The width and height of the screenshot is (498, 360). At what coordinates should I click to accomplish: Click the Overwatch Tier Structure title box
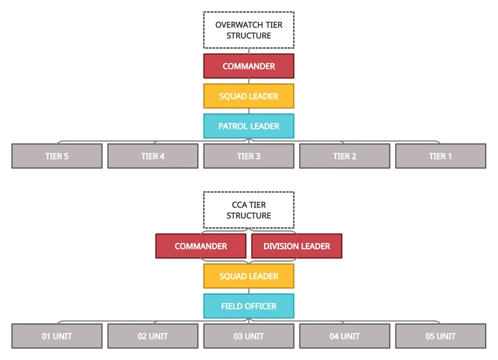coord(248,31)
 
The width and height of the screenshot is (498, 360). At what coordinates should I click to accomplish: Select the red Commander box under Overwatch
coord(248,67)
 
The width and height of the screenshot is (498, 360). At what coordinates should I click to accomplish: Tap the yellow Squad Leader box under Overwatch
coord(248,97)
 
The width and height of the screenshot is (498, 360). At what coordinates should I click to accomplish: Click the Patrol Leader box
coord(248,126)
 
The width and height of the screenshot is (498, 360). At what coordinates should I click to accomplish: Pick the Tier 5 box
coord(57,156)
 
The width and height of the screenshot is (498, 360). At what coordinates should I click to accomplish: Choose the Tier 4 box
coord(153,156)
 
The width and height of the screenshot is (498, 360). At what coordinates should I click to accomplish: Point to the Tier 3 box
coord(248,156)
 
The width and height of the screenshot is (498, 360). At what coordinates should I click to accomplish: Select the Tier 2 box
coord(344,156)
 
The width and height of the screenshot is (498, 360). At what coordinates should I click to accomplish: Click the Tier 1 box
coord(440,156)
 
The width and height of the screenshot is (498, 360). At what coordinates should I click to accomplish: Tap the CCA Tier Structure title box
coord(248,210)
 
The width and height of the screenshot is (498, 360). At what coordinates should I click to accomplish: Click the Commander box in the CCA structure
coord(200,246)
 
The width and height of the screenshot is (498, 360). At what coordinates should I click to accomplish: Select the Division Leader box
coord(296,246)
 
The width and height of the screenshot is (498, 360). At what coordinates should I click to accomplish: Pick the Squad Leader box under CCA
coord(248,276)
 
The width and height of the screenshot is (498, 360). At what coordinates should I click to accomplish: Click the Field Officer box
coord(248,306)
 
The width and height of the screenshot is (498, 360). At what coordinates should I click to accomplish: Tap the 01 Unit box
coord(57,336)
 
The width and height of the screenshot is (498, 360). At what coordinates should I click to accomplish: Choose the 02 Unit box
coord(153,336)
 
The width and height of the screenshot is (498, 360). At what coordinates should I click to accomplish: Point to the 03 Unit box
coord(248,336)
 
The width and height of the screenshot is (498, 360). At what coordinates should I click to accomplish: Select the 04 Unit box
coord(344,336)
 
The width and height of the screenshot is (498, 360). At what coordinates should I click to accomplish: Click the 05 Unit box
coord(440,336)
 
